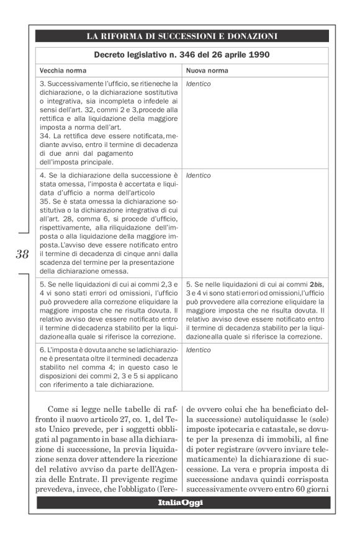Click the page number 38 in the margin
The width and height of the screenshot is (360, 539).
tap(22, 254)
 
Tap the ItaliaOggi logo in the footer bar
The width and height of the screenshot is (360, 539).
tap(180, 503)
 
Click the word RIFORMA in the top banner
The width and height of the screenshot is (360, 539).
tap(130, 37)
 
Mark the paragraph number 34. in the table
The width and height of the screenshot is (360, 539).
tap(45, 135)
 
